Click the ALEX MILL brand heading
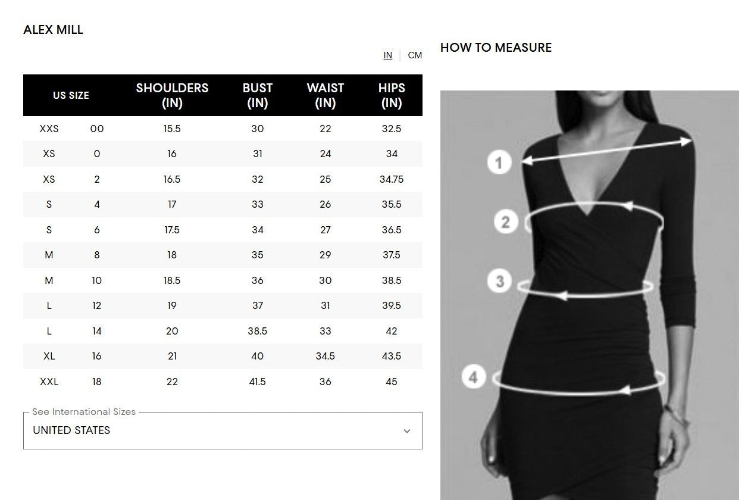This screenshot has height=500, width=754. point(53,30)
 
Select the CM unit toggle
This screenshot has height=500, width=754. point(415,55)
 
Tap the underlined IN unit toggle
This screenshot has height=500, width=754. point(388,55)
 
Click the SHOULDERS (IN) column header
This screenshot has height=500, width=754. point(172,95)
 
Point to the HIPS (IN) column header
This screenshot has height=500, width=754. point(392,95)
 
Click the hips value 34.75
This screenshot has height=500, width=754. point(392,179)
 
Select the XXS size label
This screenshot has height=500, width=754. point(49,129)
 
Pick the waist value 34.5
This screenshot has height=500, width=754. point(325,356)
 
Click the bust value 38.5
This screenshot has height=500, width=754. point(258,331)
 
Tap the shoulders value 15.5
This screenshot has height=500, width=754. point(172,129)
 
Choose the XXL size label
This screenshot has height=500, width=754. point(49,382)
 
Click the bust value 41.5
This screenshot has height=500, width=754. point(258,382)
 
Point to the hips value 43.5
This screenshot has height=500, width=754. point(392,356)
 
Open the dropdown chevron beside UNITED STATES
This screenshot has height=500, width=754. point(407,431)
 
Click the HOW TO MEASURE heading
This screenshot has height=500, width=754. point(496,48)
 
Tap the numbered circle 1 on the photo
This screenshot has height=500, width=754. point(499,162)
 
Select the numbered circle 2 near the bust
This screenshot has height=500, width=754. point(506,222)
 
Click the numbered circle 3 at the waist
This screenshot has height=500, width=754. point(499,281)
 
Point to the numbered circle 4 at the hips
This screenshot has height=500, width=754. point(474,377)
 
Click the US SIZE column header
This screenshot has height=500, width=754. point(71,95)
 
